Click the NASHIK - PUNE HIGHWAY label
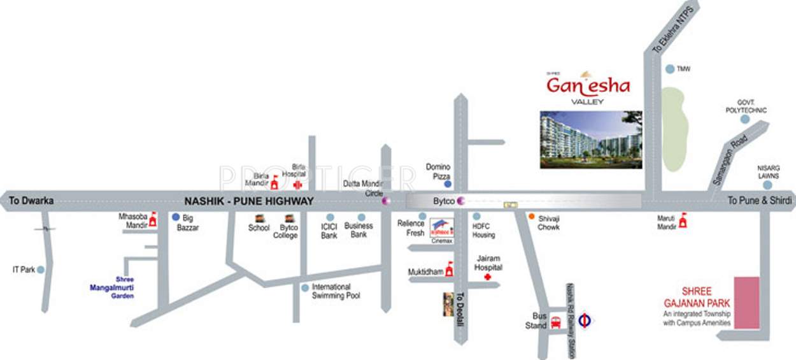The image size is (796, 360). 249,201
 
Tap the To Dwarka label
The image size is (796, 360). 31,201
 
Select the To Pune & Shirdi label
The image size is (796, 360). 760,201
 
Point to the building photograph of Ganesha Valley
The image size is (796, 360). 590,140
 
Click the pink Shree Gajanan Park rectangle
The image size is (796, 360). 747,303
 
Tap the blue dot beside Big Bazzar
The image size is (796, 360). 176,217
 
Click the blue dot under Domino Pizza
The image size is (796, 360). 448,184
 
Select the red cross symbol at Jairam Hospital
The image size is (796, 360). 488,278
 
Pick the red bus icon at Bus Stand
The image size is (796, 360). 555,322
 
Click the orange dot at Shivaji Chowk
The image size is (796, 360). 530,217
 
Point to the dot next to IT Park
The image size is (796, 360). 41,270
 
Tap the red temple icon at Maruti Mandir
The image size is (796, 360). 683,221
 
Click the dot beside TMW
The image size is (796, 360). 669,69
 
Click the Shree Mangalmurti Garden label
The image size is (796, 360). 111,288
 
